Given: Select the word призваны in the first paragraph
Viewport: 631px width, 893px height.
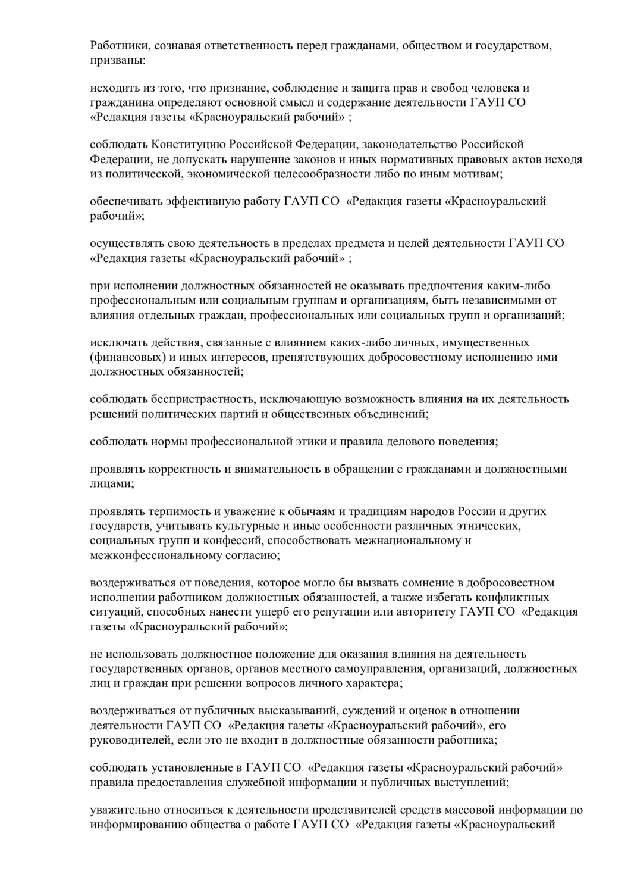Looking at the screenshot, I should tap(113, 61).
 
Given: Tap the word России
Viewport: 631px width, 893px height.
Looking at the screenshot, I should tap(477, 512).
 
